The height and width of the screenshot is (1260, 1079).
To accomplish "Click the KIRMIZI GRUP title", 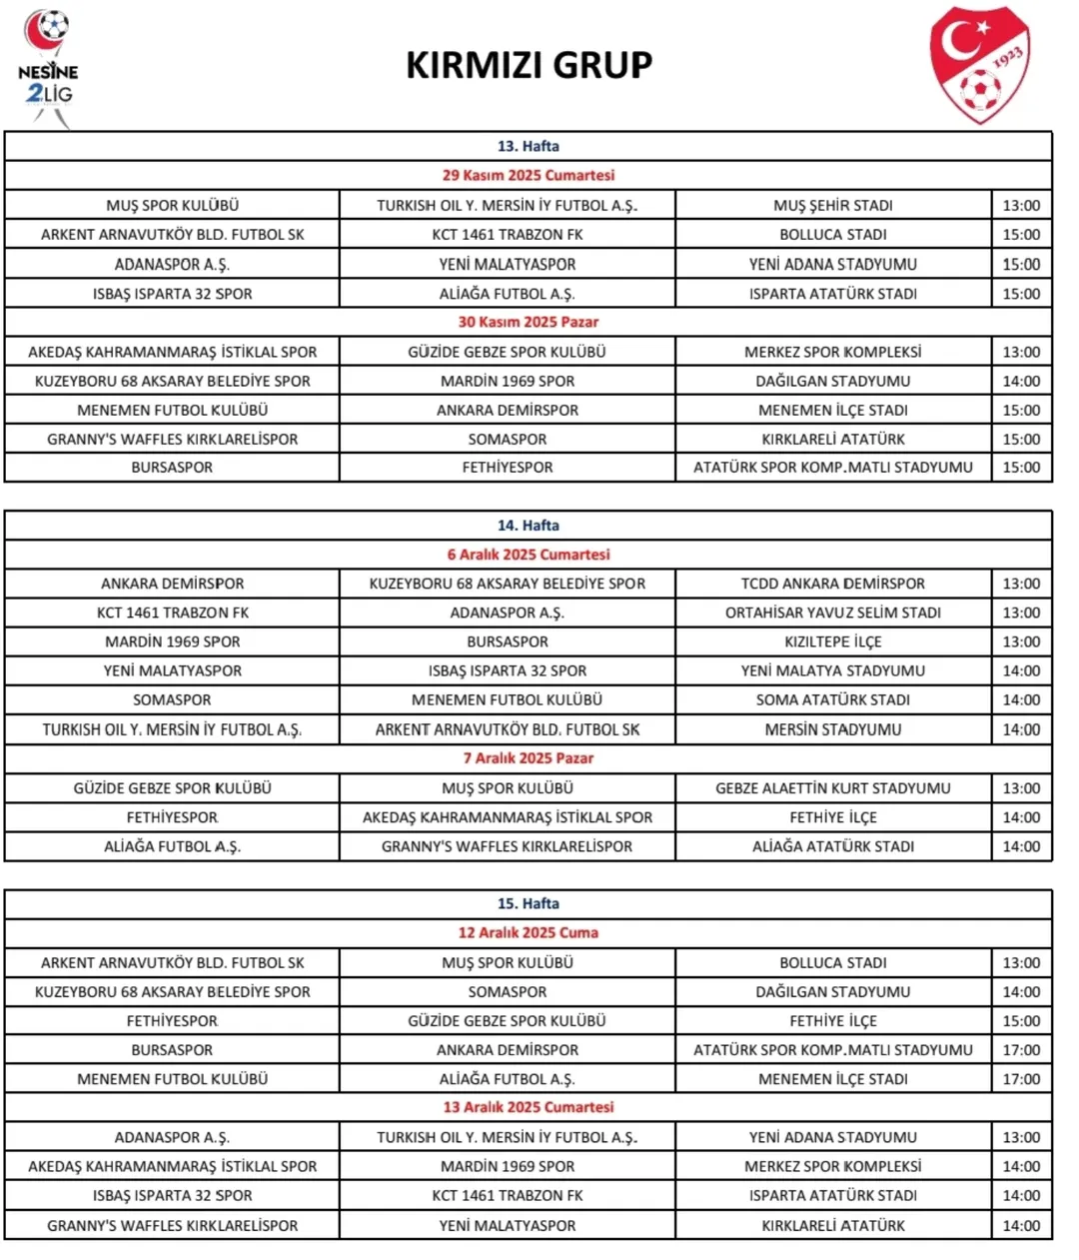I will (x=529, y=65).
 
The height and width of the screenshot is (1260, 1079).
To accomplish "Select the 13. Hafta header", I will (x=529, y=146).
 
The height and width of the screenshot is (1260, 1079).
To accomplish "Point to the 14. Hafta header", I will (x=529, y=526).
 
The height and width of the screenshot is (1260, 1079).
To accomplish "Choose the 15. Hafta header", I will (x=529, y=903).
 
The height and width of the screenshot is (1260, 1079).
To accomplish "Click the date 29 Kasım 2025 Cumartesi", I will (x=529, y=175).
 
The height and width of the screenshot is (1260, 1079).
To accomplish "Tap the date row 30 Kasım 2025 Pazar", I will (x=529, y=322).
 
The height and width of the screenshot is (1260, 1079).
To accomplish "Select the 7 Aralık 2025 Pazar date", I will (x=529, y=758).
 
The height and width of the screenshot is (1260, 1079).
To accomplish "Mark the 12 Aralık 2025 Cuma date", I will (x=529, y=932).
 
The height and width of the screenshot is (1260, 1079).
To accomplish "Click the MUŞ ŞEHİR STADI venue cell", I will (x=833, y=205).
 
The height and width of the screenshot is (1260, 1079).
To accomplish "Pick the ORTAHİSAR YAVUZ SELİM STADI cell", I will (x=833, y=613).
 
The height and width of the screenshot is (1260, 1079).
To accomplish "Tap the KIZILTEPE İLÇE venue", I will (x=833, y=641).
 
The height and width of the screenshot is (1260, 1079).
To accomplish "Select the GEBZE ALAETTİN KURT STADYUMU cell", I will (x=833, y=787).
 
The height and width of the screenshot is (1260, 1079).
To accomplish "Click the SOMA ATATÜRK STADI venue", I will (x=833, y=699).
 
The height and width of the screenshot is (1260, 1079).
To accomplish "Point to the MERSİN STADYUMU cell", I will (x=833, y=729).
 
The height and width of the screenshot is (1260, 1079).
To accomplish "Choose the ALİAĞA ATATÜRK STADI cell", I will (x=833, y=846).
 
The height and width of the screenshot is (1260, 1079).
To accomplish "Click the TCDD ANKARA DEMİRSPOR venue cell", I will (x=833, y=584).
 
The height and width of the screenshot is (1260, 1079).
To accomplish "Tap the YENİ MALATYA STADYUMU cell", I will (x=833, y=670).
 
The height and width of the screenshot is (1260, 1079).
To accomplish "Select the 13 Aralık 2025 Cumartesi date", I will (x=529, y=1107).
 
